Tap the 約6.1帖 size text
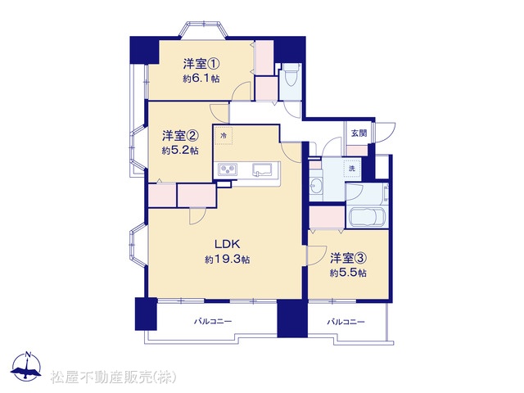point(201,79)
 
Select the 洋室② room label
point(180,136)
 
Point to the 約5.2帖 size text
point(180,151)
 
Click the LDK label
point(228,244)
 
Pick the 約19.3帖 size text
point(228,260)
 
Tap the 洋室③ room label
point(349,258)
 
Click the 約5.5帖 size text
point(348,273)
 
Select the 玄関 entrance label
point(359,133)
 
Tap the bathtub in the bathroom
point(367,217)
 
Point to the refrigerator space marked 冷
point(224,135)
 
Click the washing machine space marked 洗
point(352,169)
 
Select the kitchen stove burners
point(228,169)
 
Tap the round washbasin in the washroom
point(315,185)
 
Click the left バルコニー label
point(213,322)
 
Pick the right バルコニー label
point(346,322)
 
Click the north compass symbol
point(26,366)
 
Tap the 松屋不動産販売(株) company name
point(113,377)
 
